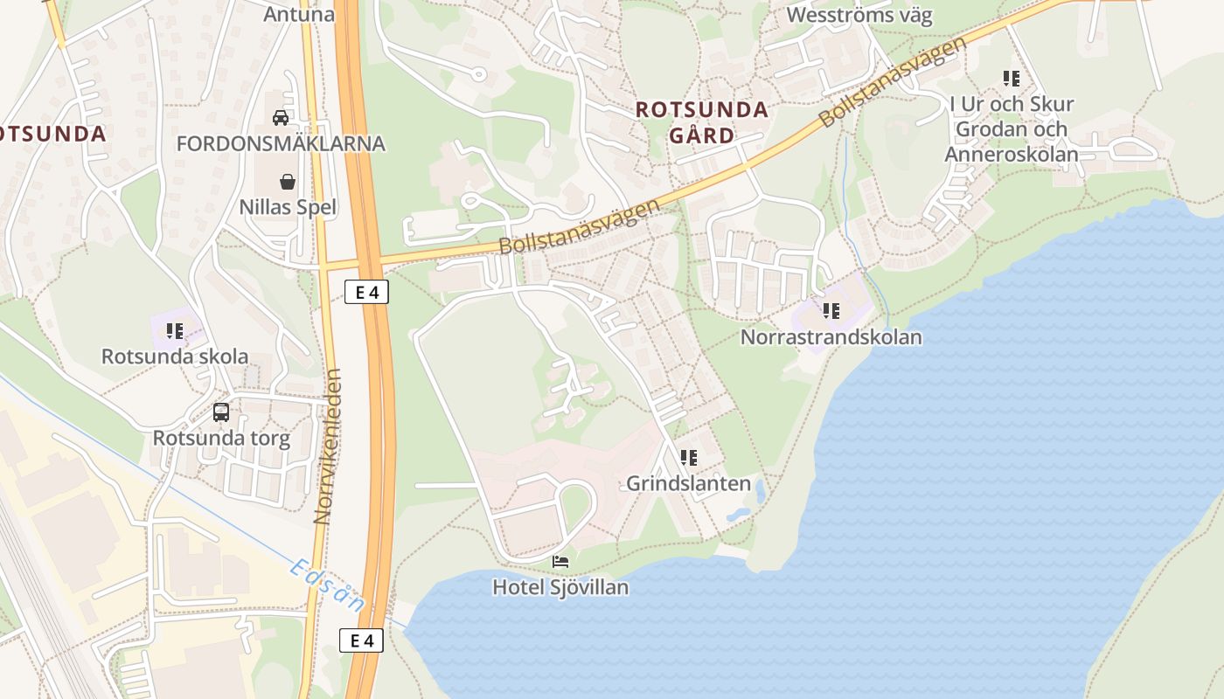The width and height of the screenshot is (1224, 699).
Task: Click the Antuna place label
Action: (299, 14)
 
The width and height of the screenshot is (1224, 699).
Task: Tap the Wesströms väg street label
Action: (859, 15)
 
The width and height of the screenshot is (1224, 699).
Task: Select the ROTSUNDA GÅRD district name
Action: (702, 122)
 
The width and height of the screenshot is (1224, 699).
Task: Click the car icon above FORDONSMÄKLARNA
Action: (281, 117)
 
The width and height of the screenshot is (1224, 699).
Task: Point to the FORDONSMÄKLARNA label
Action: (281, 143)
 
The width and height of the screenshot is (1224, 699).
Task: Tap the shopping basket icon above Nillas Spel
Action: (288, 182)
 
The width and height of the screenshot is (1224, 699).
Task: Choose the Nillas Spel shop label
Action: (288, 208)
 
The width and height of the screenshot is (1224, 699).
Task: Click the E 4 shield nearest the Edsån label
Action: (361, 641)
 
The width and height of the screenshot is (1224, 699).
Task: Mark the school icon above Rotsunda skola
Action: (175, 331)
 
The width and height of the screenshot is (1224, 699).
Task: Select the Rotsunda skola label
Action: (175, 356)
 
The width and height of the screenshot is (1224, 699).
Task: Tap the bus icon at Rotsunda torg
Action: (221, 412)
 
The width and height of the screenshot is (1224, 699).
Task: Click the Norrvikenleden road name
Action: (326, 446)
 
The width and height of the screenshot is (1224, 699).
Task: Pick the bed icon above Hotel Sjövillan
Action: (560, 561)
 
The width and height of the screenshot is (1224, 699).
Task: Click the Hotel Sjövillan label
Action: (560, 587)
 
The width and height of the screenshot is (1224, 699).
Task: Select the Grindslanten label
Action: (688, 483)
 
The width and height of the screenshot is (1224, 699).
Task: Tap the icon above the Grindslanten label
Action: (688, 457)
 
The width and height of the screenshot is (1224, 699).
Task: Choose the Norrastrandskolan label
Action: (831, 336)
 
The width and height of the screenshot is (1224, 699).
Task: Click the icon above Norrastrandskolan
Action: (831, 310)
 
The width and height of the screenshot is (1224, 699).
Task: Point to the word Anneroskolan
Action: (1012, 155)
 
